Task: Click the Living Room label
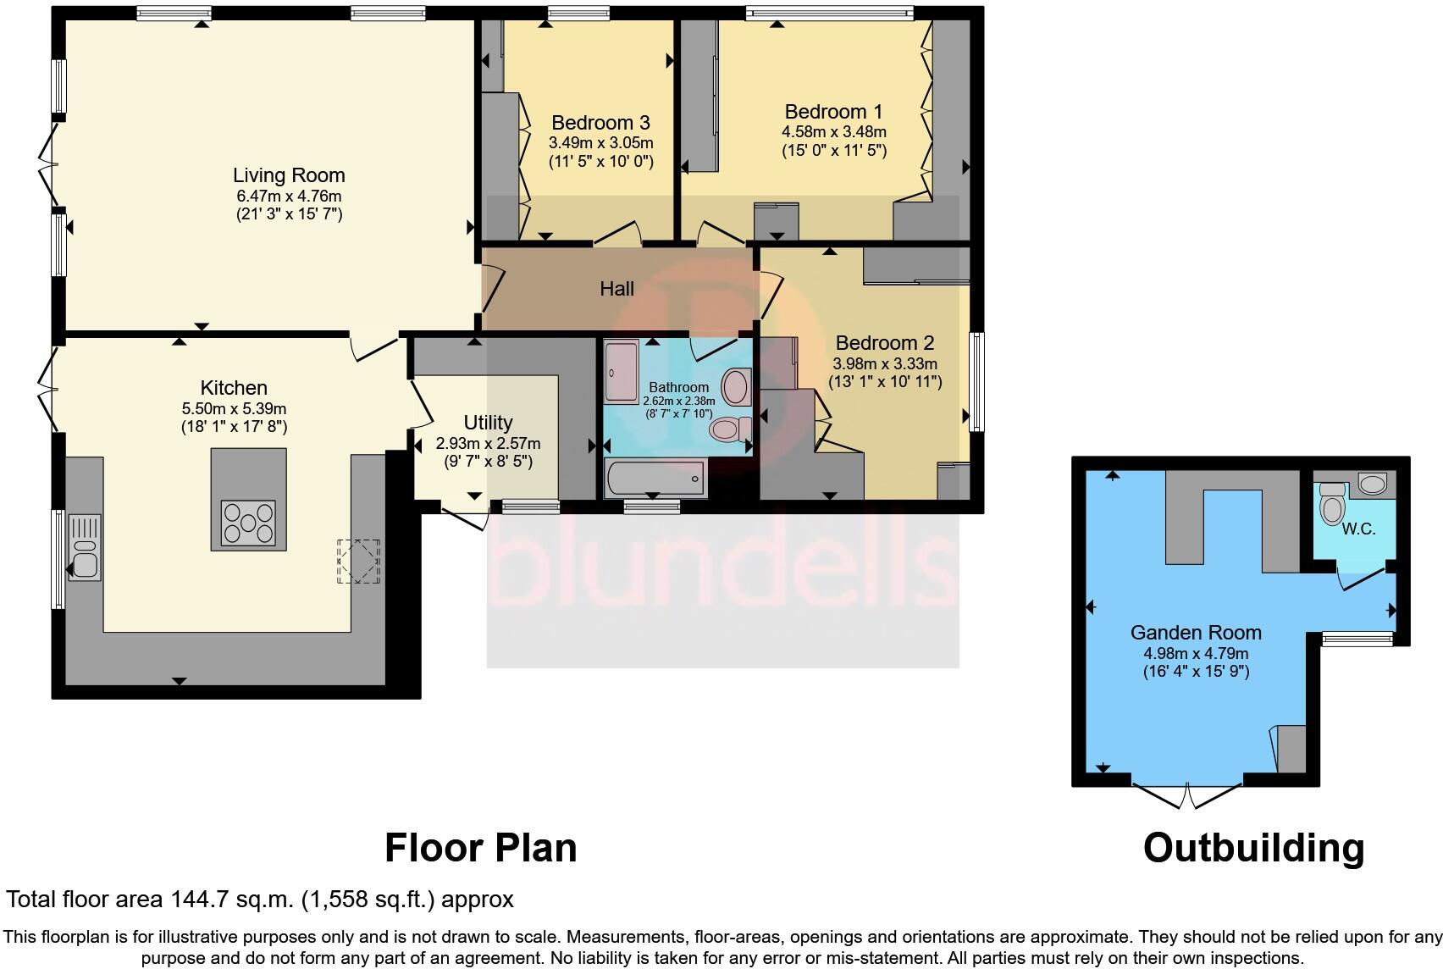[289, 175]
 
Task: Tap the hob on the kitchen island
[248, 523]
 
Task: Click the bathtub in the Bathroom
[654, 479]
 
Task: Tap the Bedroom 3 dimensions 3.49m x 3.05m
[601, 143]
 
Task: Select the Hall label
[616, 289]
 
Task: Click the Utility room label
[488, 422]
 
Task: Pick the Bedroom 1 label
[833, 112]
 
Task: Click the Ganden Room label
[1196, 632]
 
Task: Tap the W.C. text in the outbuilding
[1358, 529]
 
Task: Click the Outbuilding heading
[1253, 848]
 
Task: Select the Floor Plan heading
[480, 848]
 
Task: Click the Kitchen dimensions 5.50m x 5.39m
[234, 407]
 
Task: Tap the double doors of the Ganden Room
[1188, 795]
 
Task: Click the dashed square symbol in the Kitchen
[358, 561]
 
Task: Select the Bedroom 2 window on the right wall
[976, 381]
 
